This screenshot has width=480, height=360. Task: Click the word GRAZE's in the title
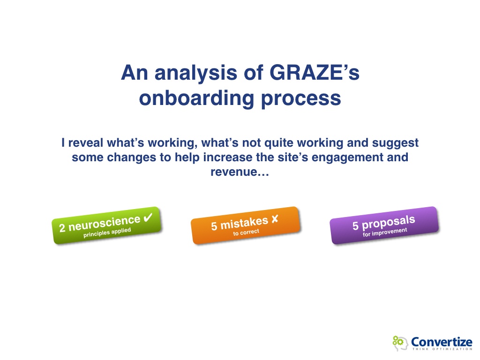pyautogui.click(x=314, y=73)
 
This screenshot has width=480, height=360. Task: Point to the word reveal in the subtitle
pyautogui.click(x=85, y=142)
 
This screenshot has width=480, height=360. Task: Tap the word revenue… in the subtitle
pyautogui.click(x=240, y=172)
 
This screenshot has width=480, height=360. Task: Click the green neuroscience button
pyautogui.click(x=106, y=225)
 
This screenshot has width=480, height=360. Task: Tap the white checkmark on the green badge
pyautogui.click(x=148, y=217)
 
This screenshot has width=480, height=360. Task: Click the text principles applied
pyautogui.click(x=107, y=232)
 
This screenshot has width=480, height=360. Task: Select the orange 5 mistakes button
pyautogui.click(x=245, y=225)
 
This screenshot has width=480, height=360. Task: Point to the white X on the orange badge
pyautogui.click(x=275, y=219)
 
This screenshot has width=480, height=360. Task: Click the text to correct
pyautogui.click(x=246, y=232)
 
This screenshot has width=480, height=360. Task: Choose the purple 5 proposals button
pyautogui.click(x=384, y=225)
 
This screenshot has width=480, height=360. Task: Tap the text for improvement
pyautogui.click(x=385, y=232)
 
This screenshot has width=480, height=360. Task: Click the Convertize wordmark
pyautogui.click(x=442, y=341)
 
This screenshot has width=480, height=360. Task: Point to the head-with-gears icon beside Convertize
pyautogui.click(x=400, y=343)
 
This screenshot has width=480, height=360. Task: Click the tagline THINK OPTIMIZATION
pyautogui.click(x=442, y=349)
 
